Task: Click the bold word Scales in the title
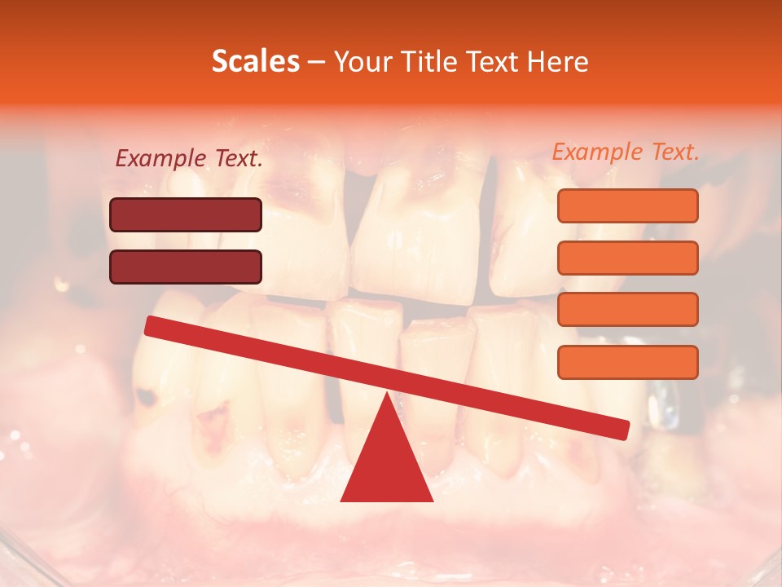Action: pyautogui.click(x=255, y=62)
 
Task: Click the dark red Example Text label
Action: pyautogui.click(x=189, y=159)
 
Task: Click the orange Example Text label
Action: pyautogui.click(x=626, y=152)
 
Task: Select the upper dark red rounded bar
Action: pyautogui.click(x=186, y=214)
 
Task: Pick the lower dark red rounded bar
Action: pyautogui.click(x=186, y=267)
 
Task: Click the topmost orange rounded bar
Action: pyautogui.click(x=627, y=205)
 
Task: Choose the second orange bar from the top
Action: pyautogui.click(x=627, y=258)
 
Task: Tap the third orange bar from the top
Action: pyautogui.click(x=627, y=310)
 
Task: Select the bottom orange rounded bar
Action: pyautogui.click(x=627, y=362)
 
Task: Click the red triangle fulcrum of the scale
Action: pyautogui.click(x=386, y=465)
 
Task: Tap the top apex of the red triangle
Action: pyautogui.click(x=386, y=396)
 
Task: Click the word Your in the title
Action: pyautogui.click(x=358, y=62)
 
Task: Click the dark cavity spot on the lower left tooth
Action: pyautogui.click(x=147, y=398)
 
